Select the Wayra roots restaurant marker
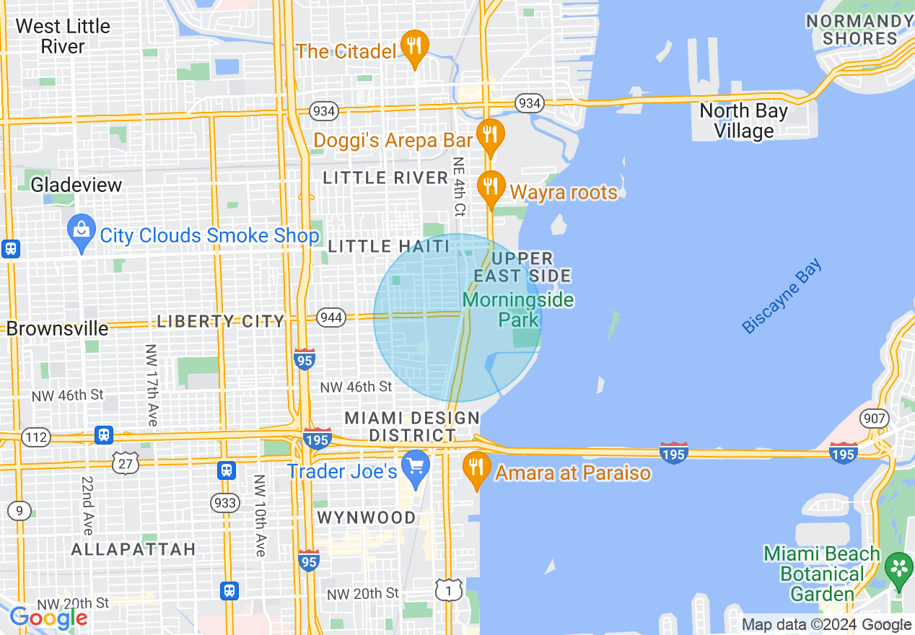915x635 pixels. (x=491, y=187)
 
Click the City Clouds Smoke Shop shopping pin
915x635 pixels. (x=82, y=231)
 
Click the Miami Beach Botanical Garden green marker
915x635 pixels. (x=899, y=567)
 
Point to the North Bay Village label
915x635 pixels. (x=743, y=121)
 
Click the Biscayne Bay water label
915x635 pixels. (x=782, y=297)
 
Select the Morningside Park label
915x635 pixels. (x=518, y=310)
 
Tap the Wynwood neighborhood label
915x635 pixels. (x=367, y=518)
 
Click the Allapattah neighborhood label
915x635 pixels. (x=133, y=549)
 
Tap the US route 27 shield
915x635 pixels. (x=126, y=463)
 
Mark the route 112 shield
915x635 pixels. (x=36, y=437)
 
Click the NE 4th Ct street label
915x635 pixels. (x=458, y=188)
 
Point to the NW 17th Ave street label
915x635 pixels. (x=152, y=384)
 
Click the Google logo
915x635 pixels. (x=49, y=618)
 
